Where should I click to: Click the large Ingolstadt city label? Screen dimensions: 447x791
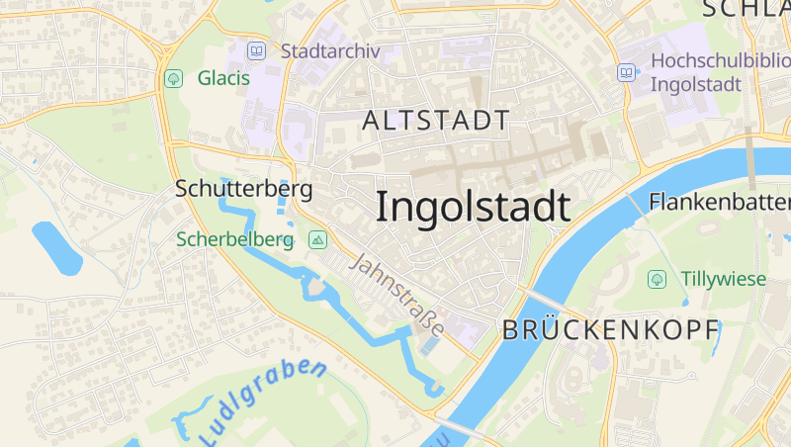tap(473, 207)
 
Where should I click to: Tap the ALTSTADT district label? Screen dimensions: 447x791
tap(436, 122)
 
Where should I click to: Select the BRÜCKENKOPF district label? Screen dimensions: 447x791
tap(610, 331)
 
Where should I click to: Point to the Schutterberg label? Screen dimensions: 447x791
tap(243, 188)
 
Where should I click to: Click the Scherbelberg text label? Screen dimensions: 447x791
tap(235, 239)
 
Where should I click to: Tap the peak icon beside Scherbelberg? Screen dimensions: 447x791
tap(317, 239)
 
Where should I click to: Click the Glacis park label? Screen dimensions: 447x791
tap(223, 77)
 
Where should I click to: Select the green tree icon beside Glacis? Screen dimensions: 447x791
tap(174, 77)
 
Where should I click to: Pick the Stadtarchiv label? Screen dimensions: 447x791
tap(330, 50)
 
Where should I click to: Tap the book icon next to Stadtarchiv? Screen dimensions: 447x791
tap(257, 50)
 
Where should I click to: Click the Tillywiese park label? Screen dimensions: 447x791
tap(723, 279)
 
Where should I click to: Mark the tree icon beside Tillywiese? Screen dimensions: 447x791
tap(657, 279)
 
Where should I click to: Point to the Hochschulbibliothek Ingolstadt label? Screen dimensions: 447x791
tap(719, 71)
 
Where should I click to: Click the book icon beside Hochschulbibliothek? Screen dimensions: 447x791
tap(627, 72)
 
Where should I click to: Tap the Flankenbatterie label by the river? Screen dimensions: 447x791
tap(719, 202)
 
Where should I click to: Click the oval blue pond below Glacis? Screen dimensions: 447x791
tap(56, 248)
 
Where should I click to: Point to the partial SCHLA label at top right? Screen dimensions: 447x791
tap(747, 9)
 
